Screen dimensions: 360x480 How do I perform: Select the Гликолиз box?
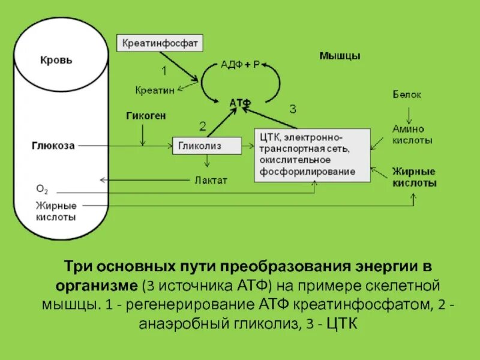click(x=207, y=146)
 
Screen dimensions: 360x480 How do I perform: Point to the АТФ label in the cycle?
click(x=240, y=103)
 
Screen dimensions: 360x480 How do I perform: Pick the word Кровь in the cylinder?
click(x=56, y=61)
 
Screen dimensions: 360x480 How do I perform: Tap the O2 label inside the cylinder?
click(x=42, y=189)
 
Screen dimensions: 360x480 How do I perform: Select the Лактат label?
click(x=211, y=180)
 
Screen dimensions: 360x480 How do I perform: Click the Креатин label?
click(x=154, y=90)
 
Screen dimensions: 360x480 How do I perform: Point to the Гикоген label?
click(x=146, y=115)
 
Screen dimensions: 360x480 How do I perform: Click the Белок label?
click(x=407, y=94)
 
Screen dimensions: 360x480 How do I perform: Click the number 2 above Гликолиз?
click(x=202, y=126)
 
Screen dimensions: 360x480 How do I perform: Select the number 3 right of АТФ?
click(x=292, y=109)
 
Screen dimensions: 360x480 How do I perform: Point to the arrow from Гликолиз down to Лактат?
click(x=207, y=161)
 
